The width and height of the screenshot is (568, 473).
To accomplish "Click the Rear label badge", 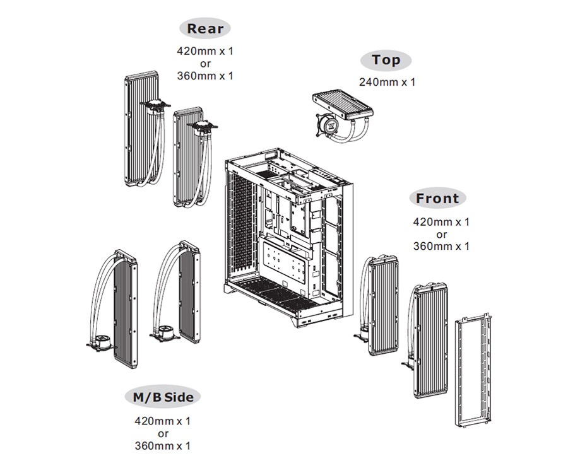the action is pos(205,28).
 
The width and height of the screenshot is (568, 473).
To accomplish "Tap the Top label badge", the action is pos(386,60).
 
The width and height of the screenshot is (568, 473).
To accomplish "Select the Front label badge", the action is pos(437,198).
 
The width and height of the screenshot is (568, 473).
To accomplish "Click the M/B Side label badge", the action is pos(163,397).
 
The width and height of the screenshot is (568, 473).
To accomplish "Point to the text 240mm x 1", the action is pos(387,82).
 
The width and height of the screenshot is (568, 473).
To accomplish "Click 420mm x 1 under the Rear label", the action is pos(205,51).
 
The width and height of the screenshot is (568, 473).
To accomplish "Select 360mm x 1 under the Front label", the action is pos(441,247).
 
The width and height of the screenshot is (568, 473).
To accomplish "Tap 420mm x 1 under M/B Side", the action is pos(162,421).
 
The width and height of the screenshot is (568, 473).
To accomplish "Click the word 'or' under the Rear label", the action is pos(205,64).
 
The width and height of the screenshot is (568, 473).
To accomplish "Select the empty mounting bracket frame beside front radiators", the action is pos(473,371).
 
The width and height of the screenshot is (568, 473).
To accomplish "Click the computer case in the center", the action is pos(288,237).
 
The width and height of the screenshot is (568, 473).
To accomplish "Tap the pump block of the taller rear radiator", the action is pos(155,106).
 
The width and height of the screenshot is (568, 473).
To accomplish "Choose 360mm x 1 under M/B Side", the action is pos(162,446).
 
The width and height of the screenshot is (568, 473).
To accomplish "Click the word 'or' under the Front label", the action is pos(442,235).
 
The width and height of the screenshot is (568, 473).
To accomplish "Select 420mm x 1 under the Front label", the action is pos(441,222).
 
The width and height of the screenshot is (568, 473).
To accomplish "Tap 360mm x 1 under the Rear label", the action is pos(205,76).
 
